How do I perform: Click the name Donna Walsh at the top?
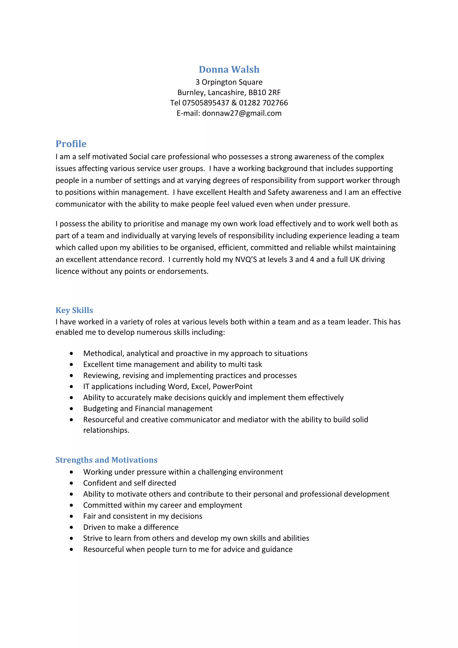click(x=229, y=69)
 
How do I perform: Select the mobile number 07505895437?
click(x=206, y=103)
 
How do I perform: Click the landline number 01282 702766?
click(x=263, y=103)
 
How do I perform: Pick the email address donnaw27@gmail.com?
click(x=242, y=113)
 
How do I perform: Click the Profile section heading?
click(x=71, y=144)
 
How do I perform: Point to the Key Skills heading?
click(x=74, y=310)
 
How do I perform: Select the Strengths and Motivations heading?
click(x=106, y=460)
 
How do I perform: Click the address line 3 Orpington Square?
click(x=229, y=82)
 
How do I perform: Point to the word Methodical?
click(x=104, y=353)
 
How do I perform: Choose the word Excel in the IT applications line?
click(x=201, y=386)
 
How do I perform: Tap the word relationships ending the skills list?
click(x=106, y=430)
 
